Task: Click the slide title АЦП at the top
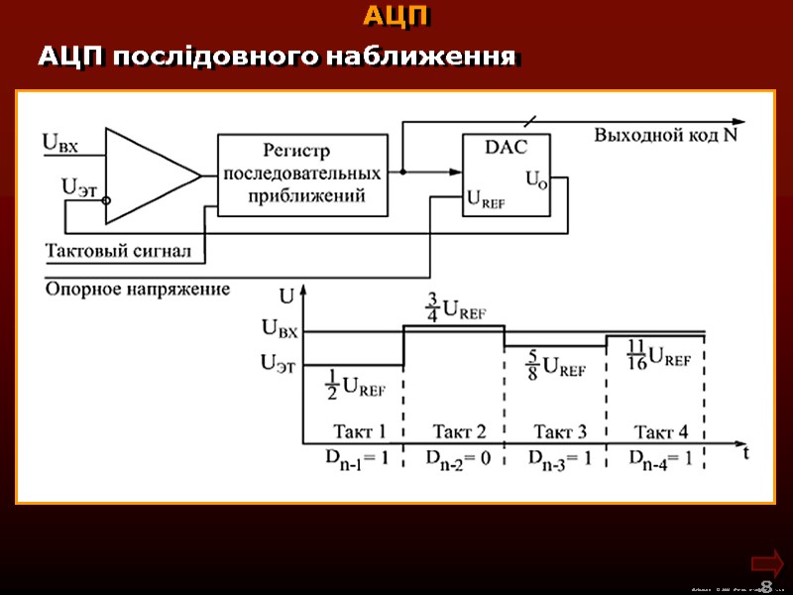point(396,17)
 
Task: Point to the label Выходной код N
point(665,135)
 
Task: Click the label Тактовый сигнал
point(118,251)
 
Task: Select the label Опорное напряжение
point(138,290)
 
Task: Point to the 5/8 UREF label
point(555,366)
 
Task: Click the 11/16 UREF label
point(658,355)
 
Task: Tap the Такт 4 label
point(660,431)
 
